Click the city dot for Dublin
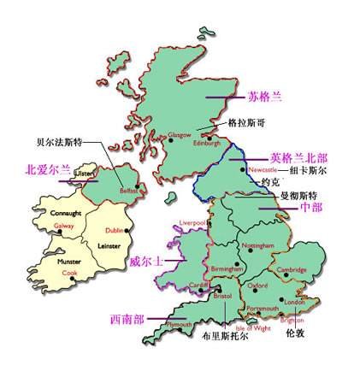click(x=127, y=232)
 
